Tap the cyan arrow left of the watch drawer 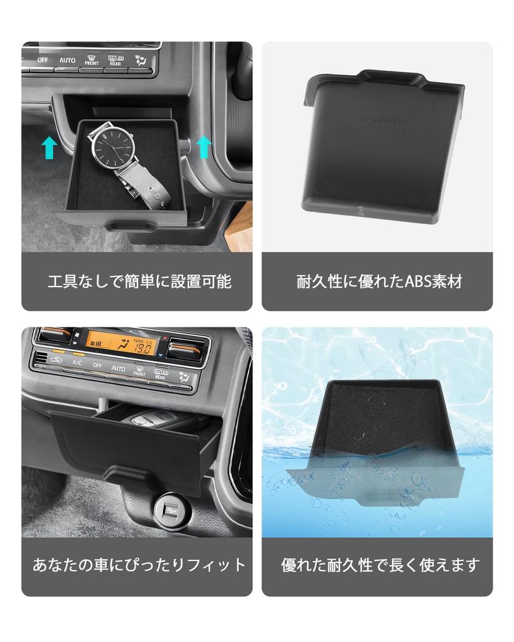coord(50,148)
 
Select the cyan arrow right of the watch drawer coord(203,145)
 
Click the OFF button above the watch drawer coord(43,60)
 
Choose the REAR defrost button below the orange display coord(161,374)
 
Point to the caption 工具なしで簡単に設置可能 coord(139,282)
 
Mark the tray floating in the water coord(377,445)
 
